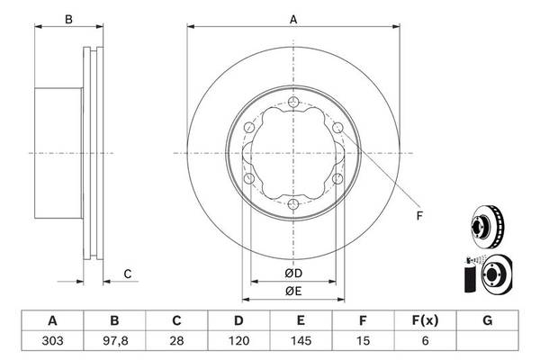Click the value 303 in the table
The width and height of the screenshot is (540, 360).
click(x=52, y=341)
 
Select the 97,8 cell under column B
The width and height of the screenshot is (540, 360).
click(x=114, y=341)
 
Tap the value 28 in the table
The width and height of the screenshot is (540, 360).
click(x=176, y=341)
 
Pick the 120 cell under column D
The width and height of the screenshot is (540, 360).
click(x=238, y=341)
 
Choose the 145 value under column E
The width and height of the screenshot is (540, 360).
click(x=301, y=341)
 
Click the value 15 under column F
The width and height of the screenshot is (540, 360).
click(x=363, y=341)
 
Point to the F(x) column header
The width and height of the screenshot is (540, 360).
click(x=425, y=320)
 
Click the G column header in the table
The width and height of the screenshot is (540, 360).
click(x=487, y=320)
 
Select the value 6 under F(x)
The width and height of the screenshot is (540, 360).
click(x=425, y=341)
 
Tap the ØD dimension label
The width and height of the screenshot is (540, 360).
click(x=293, y=274)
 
